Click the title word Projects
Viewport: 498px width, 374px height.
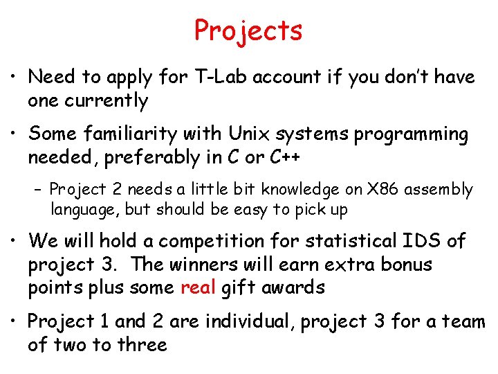pos(248,31)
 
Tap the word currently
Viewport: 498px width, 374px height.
pos(107,101)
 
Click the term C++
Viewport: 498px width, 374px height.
pos(285,157)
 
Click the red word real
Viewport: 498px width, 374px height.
pos(199,288)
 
